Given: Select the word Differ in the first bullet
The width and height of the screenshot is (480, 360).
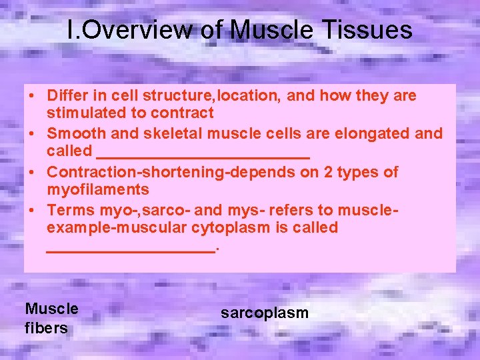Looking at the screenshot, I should point(67,96).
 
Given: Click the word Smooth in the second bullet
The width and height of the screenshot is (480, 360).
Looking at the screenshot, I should point(73,133).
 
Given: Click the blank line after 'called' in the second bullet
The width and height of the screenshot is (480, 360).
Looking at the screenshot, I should point(203,153).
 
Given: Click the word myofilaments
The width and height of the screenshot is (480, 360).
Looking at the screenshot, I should point(98,190).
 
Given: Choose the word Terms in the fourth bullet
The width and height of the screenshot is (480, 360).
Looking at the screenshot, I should point(68,210).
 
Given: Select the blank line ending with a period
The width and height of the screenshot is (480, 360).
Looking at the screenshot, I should point(132,247).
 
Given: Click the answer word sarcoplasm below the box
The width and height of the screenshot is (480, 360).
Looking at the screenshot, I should point(265,313).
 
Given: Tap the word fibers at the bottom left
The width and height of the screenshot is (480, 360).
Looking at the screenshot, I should point(46,328).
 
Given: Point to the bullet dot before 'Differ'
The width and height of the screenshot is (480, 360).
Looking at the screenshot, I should point(32,96).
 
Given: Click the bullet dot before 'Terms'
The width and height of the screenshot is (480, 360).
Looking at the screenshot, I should point(32,210).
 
